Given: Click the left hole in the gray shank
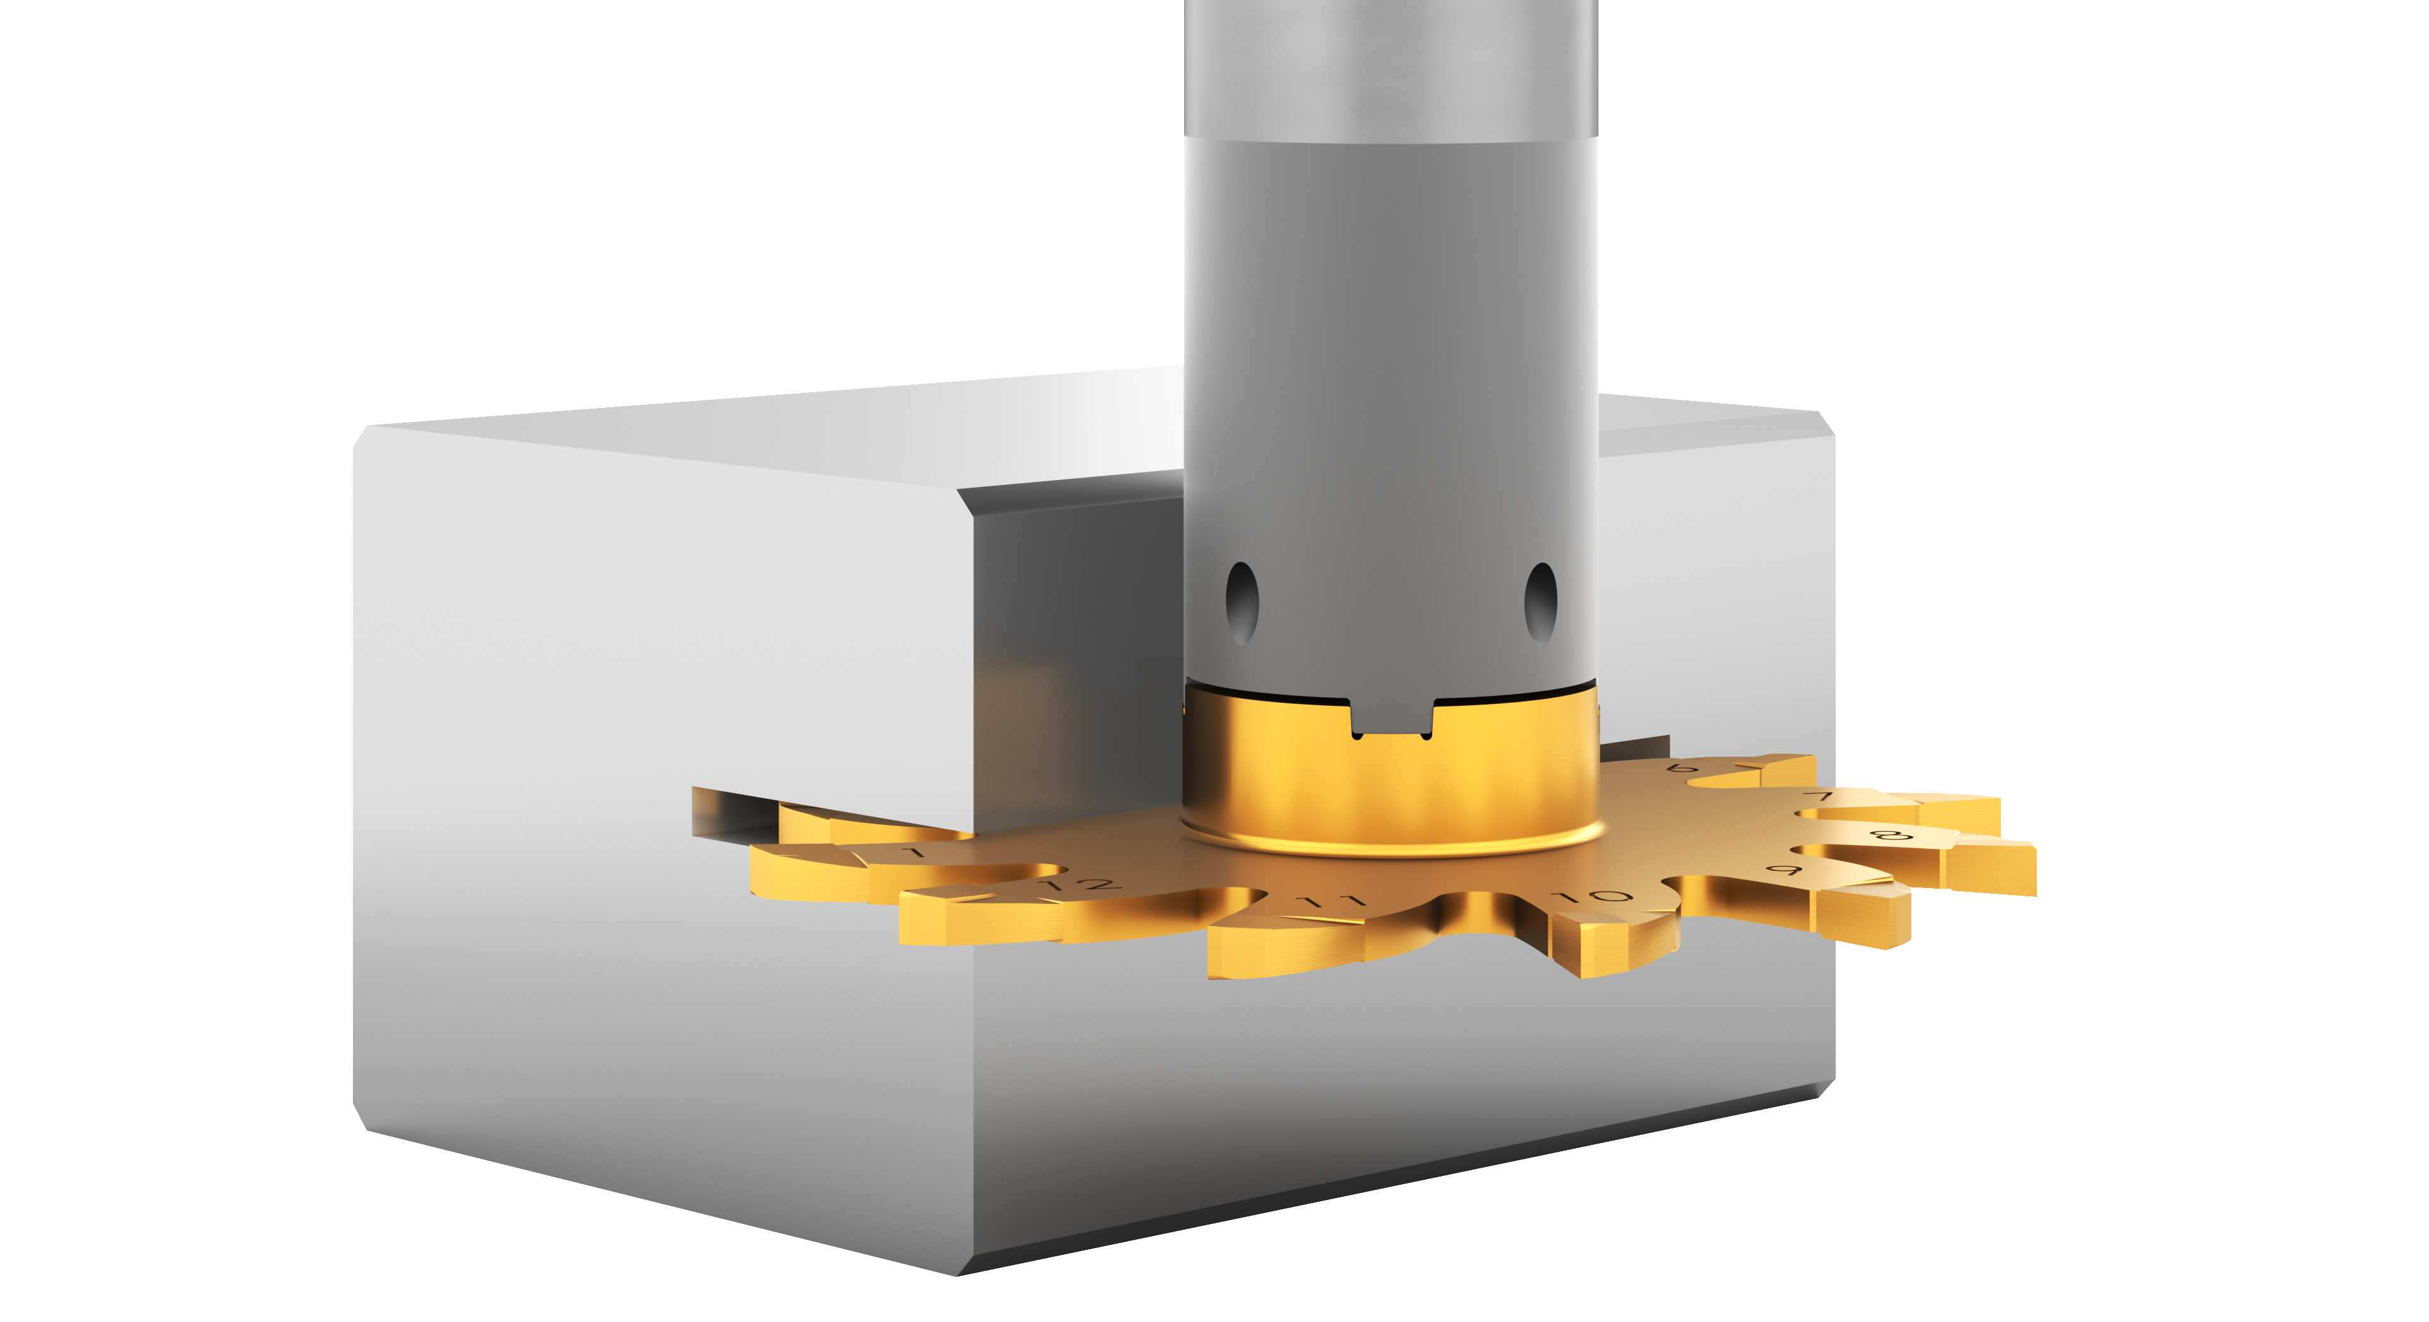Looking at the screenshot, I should [1241, 603].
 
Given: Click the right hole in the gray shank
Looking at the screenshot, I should [1541, 603].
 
